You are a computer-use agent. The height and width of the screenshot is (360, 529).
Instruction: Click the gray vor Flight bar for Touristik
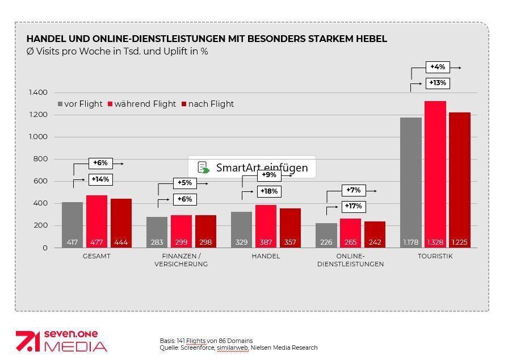coord(410,182)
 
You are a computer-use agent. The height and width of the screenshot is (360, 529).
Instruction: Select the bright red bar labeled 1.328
coord(435,174)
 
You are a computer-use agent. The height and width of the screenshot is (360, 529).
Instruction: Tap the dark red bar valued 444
coord(121,223)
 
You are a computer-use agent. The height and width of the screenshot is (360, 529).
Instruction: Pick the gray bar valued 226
coord(326,235)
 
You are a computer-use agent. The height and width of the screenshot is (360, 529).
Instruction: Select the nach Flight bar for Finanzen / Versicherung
coord(205,231)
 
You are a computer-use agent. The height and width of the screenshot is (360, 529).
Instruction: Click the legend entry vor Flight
coord(80,104)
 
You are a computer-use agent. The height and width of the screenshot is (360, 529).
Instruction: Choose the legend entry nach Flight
coord(207,104)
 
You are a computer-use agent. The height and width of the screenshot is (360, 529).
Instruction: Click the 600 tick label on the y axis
coord(41,181)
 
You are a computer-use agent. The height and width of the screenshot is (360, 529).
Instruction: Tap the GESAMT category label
coord(96,256)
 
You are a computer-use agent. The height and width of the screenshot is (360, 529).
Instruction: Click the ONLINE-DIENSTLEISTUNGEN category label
coord(350,260)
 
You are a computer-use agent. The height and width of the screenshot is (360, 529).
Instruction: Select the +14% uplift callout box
coord(100,179)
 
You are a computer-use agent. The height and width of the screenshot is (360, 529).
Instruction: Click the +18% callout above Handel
coord(269,191)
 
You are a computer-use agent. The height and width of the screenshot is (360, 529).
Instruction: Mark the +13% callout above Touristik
coord(438,83)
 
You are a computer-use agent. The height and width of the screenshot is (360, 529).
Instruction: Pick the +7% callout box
coord(353,190)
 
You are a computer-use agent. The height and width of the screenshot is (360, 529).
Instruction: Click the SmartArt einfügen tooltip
coord(253,168)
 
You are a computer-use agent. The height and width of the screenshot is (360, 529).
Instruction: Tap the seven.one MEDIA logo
coord(61,341)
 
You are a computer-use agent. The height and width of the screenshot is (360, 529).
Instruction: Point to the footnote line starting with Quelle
coord(238,348)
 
